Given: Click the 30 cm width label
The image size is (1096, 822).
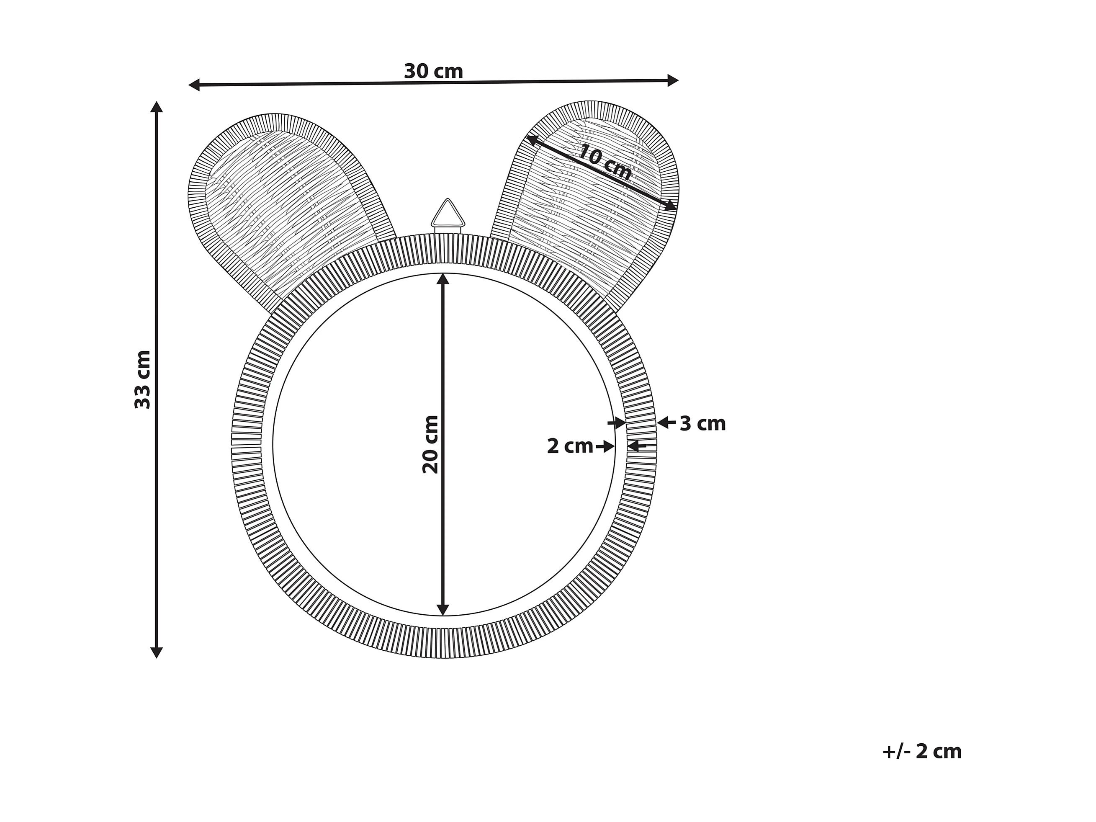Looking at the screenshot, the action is coord(434,71).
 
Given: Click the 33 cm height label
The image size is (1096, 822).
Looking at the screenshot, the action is coord(143,379).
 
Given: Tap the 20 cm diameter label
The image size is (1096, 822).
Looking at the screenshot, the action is coord(430,444).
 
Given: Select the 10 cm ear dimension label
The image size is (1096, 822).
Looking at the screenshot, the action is coord(605,163).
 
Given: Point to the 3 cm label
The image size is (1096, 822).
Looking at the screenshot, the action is coord(702,424).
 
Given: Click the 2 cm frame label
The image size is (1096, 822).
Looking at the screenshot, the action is coord(570,446).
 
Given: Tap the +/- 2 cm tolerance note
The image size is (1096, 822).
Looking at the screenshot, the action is coord(922,752).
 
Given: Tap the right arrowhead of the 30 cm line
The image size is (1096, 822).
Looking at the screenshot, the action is coord(673,80).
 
